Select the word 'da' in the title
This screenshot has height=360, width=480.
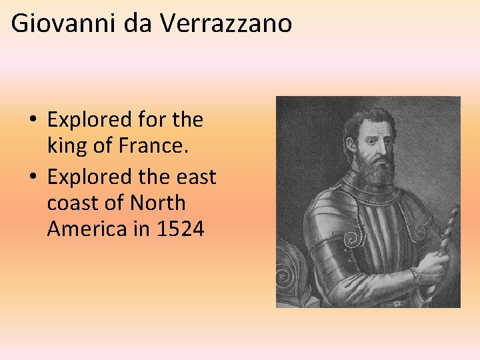[x=133, y=23]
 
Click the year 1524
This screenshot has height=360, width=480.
[x=180, y=229]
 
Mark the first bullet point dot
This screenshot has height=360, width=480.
[x=33, y=121]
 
